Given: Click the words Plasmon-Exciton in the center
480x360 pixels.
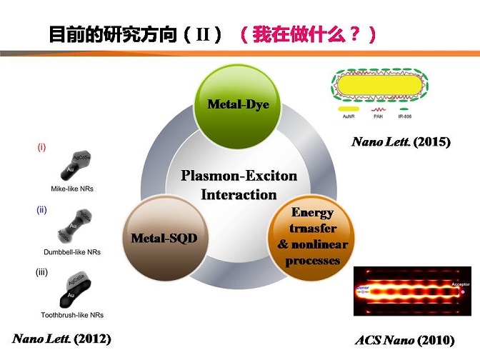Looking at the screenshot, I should (239, 176).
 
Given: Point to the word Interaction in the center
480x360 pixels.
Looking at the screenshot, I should (239, 194).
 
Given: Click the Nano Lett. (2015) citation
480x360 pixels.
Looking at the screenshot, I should (401, 142).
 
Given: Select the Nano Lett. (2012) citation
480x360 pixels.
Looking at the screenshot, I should (62, 338).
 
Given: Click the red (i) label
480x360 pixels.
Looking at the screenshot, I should (41, 148).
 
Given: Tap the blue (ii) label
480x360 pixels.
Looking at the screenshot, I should (41, 211).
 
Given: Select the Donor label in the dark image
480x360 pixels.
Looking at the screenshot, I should (361, 287).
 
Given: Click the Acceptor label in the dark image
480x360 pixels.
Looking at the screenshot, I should (460, 284).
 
